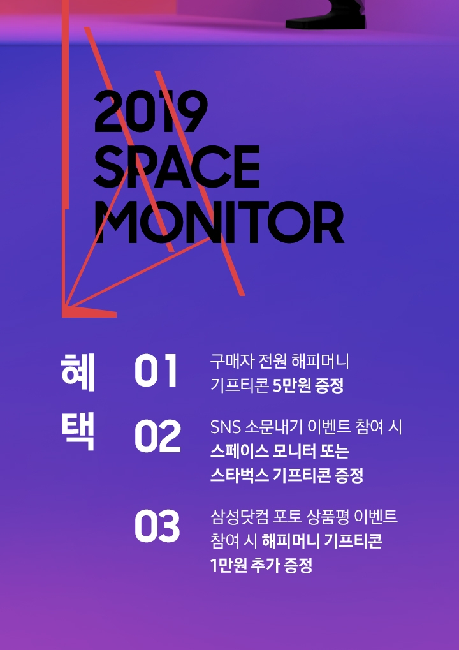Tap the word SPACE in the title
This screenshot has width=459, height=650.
(177, 166)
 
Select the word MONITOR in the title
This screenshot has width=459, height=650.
(219, 223)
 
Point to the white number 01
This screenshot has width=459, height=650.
(156, 371)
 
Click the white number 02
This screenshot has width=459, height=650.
(157, 436)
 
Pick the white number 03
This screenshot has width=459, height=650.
(157, 526)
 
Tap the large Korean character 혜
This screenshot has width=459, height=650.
(78, 373)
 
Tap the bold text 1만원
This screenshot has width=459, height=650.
(229, 565)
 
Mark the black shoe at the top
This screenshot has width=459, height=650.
(326, 15)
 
